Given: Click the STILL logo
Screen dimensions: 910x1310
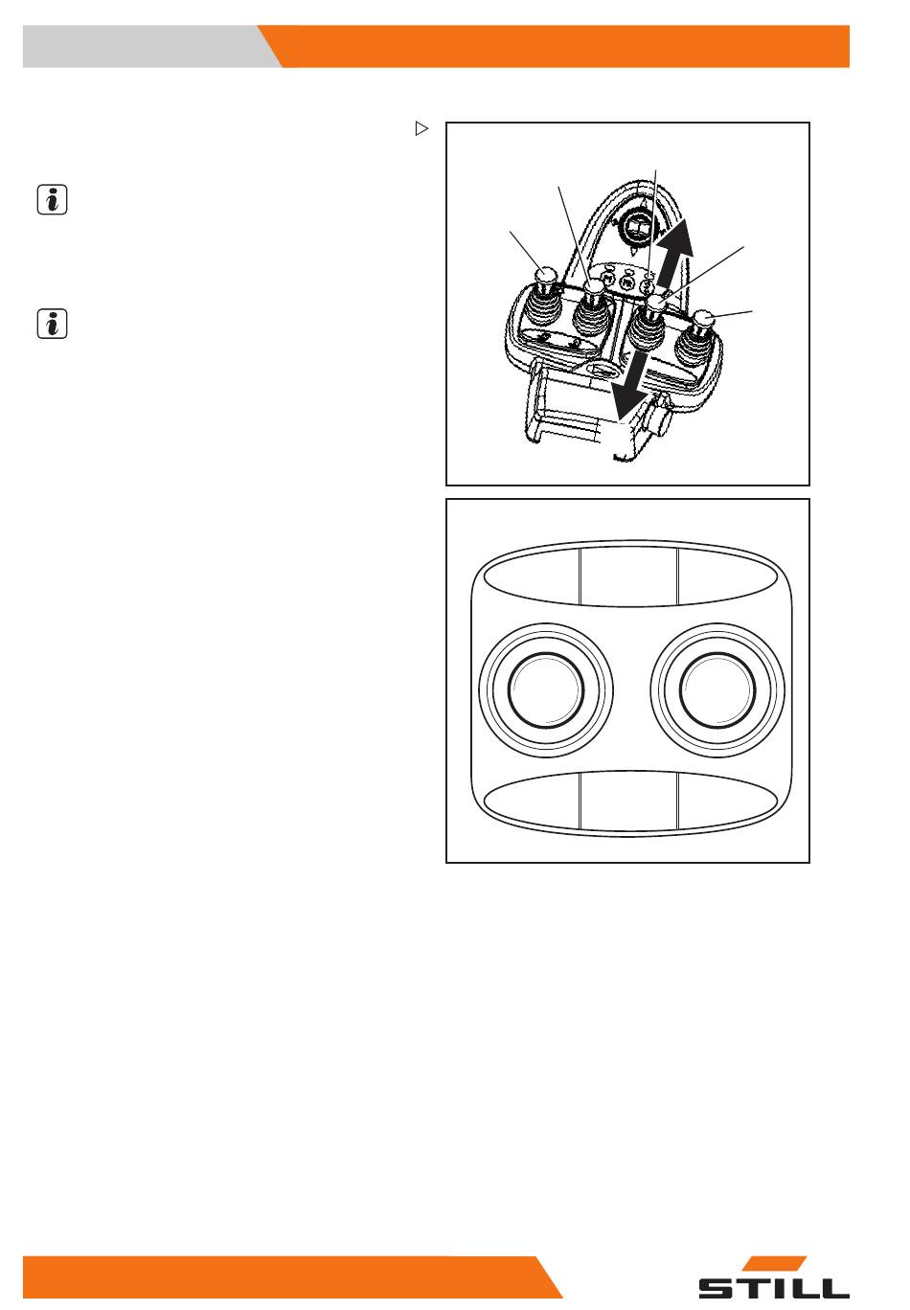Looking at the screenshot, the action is (x=774, y=1278).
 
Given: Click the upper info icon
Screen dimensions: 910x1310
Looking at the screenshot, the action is (x=52, y=199).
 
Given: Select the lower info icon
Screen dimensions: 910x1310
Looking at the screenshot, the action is (x=52, y=324).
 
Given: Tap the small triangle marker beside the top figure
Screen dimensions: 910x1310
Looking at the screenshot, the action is (x=421, y=128).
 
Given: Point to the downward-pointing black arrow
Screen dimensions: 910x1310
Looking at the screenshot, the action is (x=630, y=387).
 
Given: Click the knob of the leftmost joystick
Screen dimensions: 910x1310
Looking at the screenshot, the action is (x=546, y=274).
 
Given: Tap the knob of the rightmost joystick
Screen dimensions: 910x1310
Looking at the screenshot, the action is (x=703, y=320).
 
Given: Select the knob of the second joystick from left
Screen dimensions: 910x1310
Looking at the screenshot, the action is (x=595, y=286).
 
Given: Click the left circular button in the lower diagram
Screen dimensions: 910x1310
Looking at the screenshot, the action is (x=546, y=690).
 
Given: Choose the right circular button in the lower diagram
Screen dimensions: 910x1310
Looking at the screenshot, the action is (x=717, y=690).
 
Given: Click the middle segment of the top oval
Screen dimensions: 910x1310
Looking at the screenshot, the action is (x=628, y=576).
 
